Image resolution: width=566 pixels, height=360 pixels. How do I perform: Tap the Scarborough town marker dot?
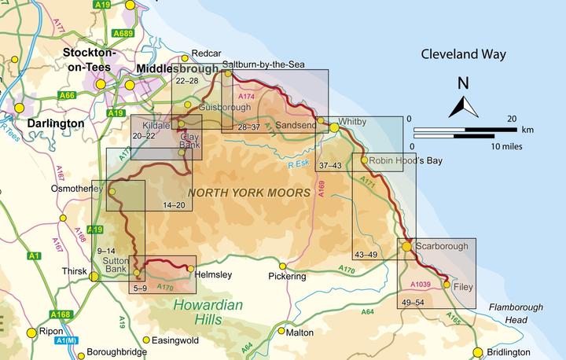406,247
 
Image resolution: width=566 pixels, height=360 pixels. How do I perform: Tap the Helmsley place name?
215,274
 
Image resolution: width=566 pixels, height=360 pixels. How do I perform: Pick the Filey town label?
463,288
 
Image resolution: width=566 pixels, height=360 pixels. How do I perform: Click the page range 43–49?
367,255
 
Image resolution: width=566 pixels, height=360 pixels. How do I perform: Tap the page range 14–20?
174,205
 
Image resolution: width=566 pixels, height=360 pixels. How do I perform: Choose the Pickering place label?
286,277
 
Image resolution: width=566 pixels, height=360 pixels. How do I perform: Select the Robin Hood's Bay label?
403,160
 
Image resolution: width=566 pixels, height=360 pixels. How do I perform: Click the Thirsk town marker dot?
94,276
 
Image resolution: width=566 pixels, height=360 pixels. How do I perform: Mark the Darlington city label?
54,123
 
